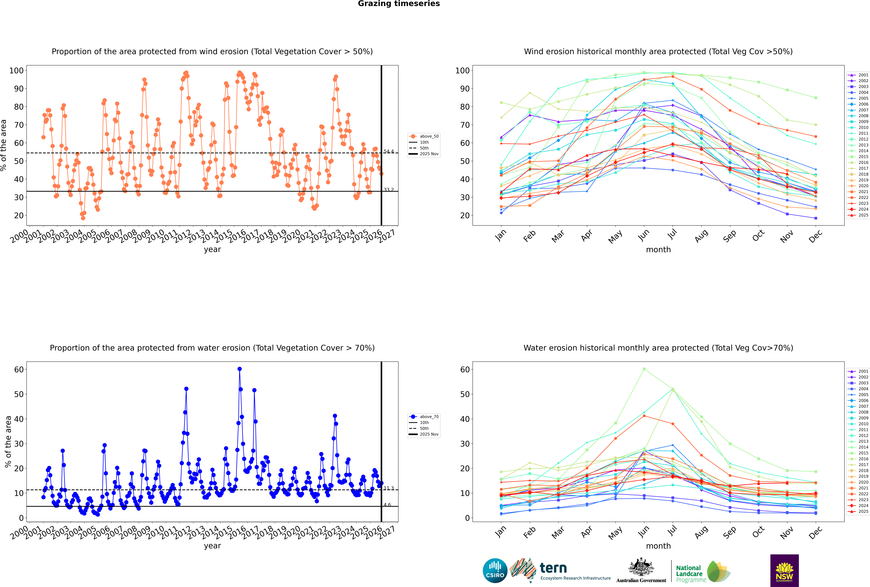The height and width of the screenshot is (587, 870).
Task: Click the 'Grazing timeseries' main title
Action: tap(399, 4)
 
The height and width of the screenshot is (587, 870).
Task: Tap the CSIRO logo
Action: tap(495, 571)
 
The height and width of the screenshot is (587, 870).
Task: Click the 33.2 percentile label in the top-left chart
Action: tap(389, 190)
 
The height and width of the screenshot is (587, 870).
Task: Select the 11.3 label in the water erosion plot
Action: tap(389, 488)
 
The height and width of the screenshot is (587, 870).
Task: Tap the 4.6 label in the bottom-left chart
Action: tap(387, 505)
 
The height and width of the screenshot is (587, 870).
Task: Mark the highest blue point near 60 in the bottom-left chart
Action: tap(239, 369)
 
